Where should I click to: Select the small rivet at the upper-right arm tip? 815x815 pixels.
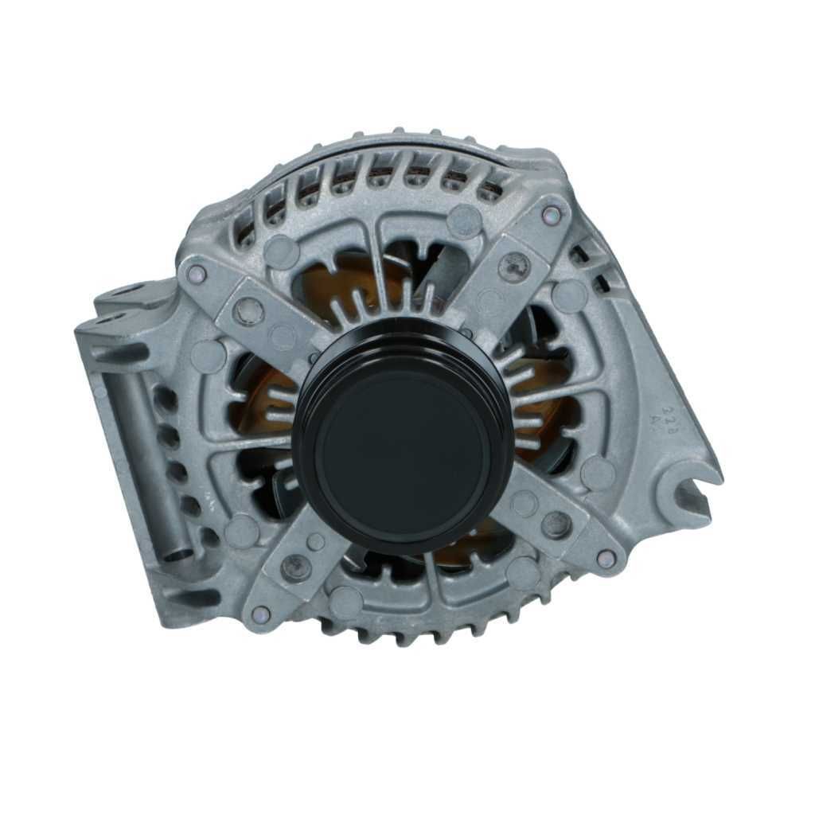pyautogui.click(x=551, y=214)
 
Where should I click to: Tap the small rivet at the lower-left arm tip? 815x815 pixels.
pyautogui.click(x=260, y=614)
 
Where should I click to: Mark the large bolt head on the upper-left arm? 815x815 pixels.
pyautogui.click(x=249, y=310)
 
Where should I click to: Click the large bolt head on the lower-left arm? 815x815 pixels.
pyautogui.click(x=297, y=567)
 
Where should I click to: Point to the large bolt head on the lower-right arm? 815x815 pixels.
pyautogui.click(x=556, y=523)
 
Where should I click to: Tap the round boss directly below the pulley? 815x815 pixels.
pyautogui.click(x=346, y=601)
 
